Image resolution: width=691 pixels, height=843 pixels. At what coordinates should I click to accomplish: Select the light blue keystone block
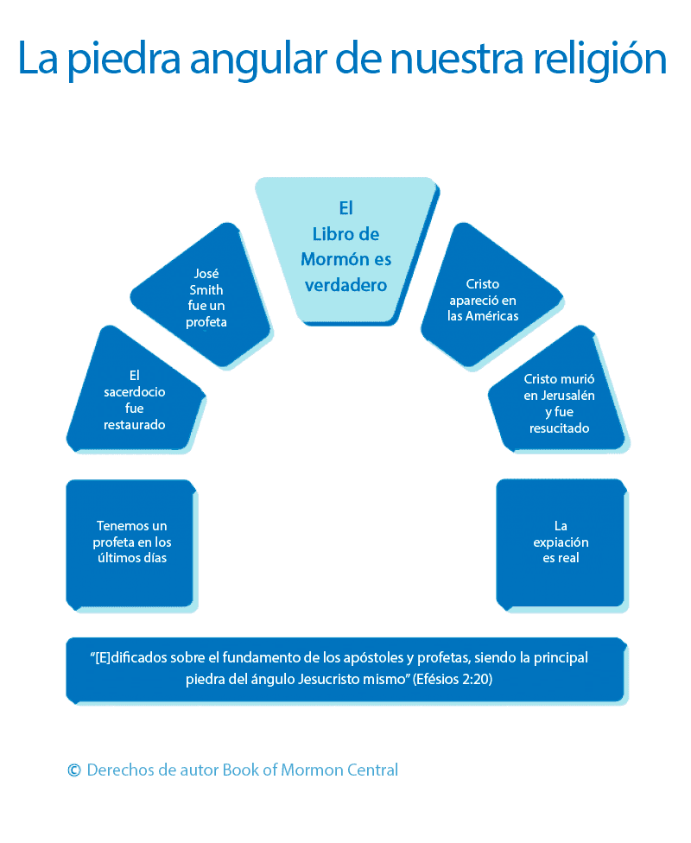(x=345, y=250)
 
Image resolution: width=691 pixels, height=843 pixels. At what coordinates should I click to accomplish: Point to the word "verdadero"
(x=345, y=284)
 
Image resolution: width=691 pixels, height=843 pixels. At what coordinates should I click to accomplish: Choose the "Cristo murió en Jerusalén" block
(x=558, y=393)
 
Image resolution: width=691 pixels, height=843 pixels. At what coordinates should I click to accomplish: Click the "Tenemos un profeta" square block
(x=130, y=542)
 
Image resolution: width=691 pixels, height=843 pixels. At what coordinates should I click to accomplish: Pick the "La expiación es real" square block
(x=560, y=542)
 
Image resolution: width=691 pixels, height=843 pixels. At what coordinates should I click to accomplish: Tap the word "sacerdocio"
(x=134, y=391)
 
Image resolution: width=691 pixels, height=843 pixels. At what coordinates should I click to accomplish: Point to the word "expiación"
(x=561, y=542)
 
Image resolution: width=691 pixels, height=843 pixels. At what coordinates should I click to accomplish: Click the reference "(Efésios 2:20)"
(x=453, y=680)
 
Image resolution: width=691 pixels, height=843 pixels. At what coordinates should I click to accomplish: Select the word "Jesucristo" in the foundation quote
(x=326, y=680)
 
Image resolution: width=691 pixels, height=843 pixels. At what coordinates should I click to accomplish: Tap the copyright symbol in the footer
(x=74, y=770)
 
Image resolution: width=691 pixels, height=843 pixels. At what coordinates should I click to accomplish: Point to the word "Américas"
(x=492, y=316)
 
